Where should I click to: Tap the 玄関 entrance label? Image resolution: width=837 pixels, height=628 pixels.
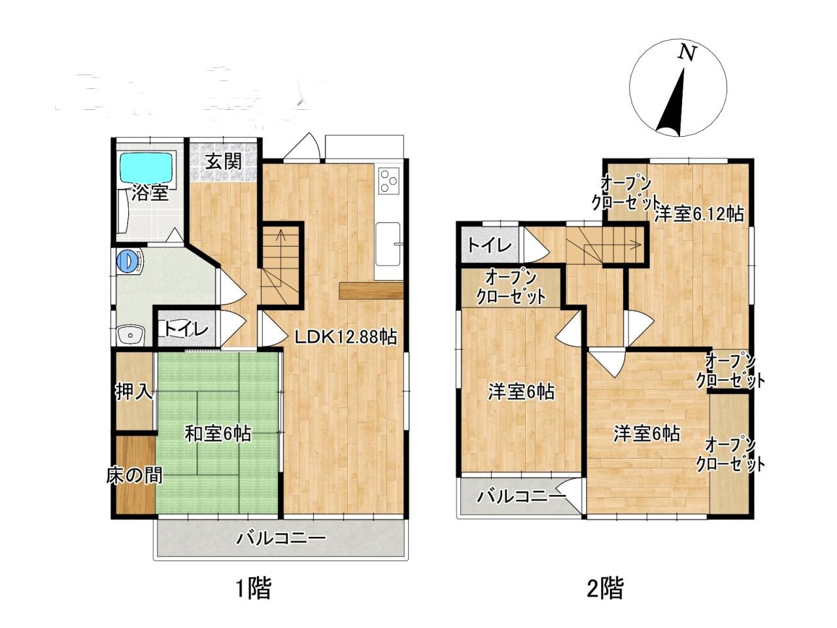[x=224, y=162]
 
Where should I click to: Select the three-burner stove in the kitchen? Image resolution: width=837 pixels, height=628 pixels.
[x=388, y=181]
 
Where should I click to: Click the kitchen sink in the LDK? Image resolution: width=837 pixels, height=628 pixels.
[x=387, y=244]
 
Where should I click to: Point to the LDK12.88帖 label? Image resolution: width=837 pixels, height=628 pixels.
[x=346, y=337]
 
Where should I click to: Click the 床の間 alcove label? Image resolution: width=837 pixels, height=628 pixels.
[x=134, y=476]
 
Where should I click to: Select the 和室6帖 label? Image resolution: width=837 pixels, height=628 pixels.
[x=218, y=434]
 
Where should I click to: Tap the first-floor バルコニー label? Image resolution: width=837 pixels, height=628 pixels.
[x=281, y=538]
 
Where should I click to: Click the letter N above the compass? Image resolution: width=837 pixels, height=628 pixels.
[x=687, y=52]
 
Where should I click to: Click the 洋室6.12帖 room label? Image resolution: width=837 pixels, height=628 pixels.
[x=699, y=215]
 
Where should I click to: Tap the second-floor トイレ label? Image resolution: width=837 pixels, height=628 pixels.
[x=489, y=245]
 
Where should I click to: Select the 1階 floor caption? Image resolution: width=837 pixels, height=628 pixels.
[x=254, y=588]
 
